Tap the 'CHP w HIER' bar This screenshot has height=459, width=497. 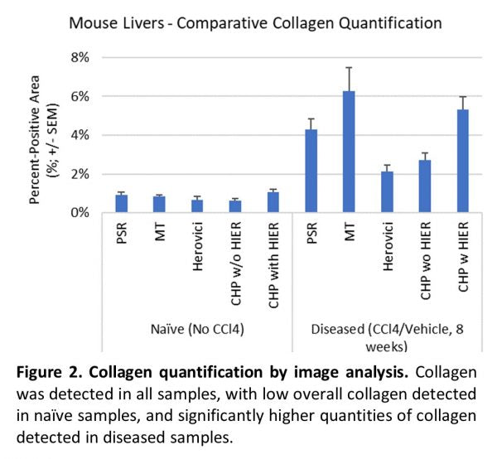[464, 161]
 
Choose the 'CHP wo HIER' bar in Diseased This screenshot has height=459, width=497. [426, 186]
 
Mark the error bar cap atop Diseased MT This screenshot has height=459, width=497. [350, 67]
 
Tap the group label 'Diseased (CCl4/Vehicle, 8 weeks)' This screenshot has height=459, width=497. [388, 336]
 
